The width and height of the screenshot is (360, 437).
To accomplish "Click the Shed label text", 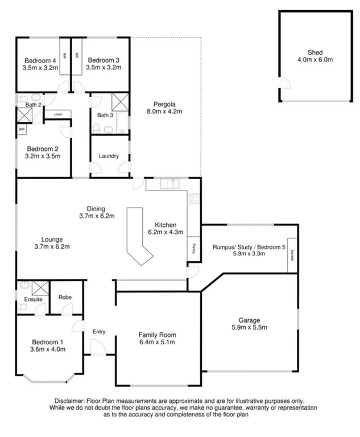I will (315, 52).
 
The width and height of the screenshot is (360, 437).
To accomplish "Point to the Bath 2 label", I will (33, 105).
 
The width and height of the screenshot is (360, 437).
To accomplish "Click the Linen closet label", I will (58, 114).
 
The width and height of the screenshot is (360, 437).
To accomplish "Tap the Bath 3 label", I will (105, 115).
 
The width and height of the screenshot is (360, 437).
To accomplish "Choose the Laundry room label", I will (109, 156).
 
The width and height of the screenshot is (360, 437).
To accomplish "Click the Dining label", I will (97, 208).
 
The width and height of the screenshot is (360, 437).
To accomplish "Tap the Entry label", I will (99, 332).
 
